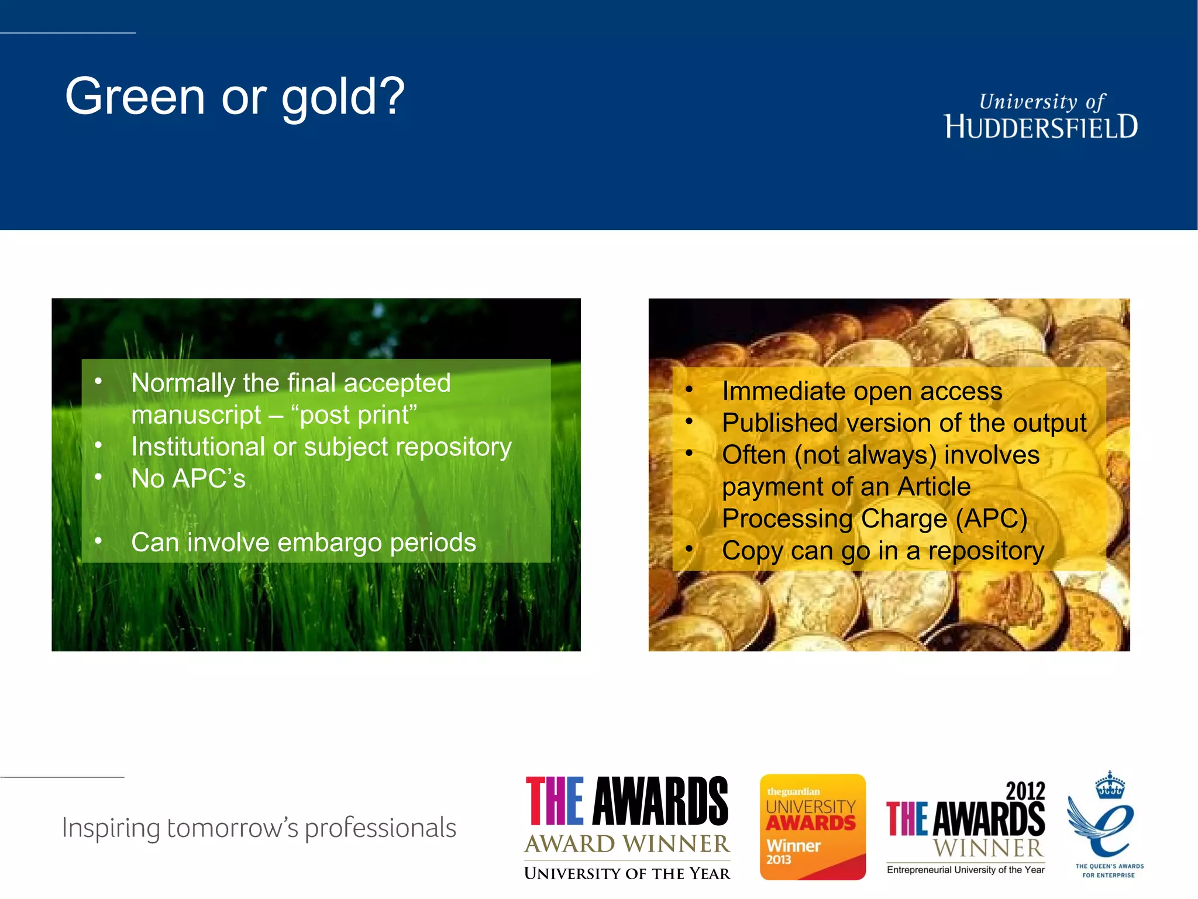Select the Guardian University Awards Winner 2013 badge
tap(812, 826)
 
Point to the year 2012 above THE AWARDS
tap(1025, 791)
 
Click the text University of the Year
tap(627, 873)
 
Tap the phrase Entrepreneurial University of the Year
tap(965, 870)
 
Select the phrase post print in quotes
tap(354, 415)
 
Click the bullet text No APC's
tap(188, 479)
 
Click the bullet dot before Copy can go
tap(689, 549)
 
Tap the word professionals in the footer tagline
tap(380, 828)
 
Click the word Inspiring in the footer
tap(111, 828)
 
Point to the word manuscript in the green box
tap(196, 415)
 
